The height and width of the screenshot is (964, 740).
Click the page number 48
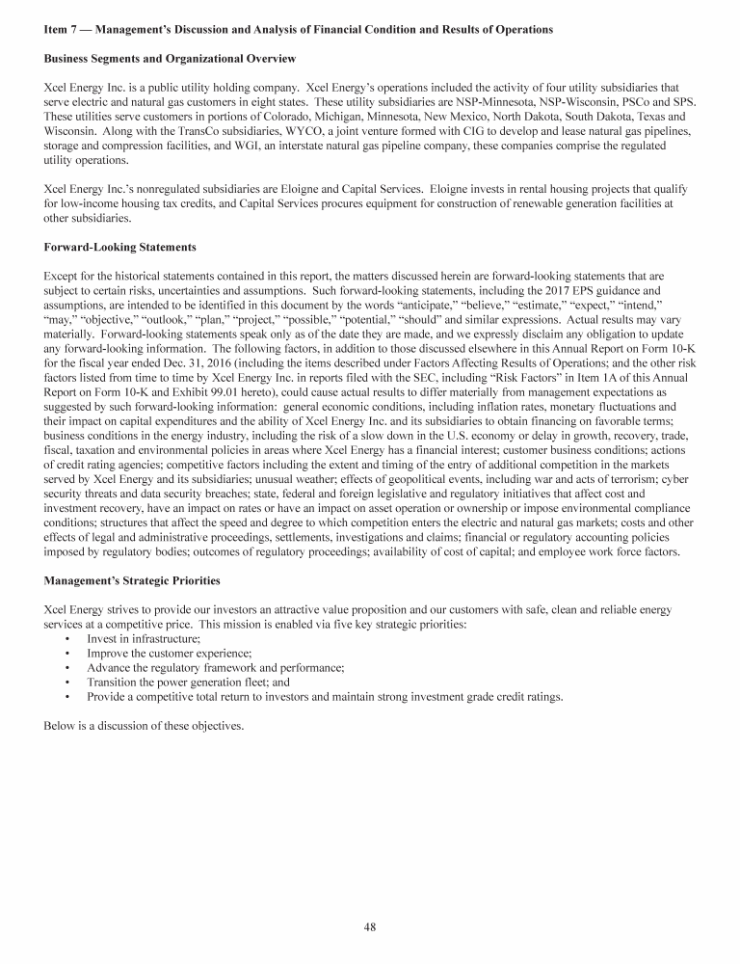(x=370, y=927)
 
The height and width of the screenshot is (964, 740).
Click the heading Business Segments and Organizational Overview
(x=169, y=60)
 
